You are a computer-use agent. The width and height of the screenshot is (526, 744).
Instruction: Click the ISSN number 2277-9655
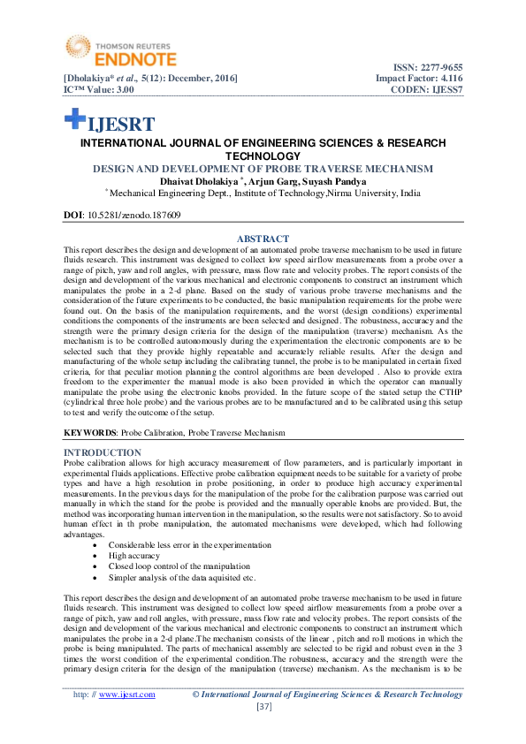coord(438,67)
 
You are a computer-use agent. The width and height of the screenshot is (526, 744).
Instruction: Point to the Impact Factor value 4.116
coord(446,79)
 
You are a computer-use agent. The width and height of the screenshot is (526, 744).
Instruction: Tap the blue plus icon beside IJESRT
coord(74,120)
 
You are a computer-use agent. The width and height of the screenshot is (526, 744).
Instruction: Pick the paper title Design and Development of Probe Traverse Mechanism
coord(263,169)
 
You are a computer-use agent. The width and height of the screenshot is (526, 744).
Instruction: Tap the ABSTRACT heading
coord(263,239)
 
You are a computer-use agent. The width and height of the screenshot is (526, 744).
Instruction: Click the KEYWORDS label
coord(89,433)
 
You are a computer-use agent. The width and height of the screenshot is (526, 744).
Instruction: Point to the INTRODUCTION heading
coord(103,452)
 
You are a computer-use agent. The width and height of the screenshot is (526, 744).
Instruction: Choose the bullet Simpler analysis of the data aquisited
coord(182,577)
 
